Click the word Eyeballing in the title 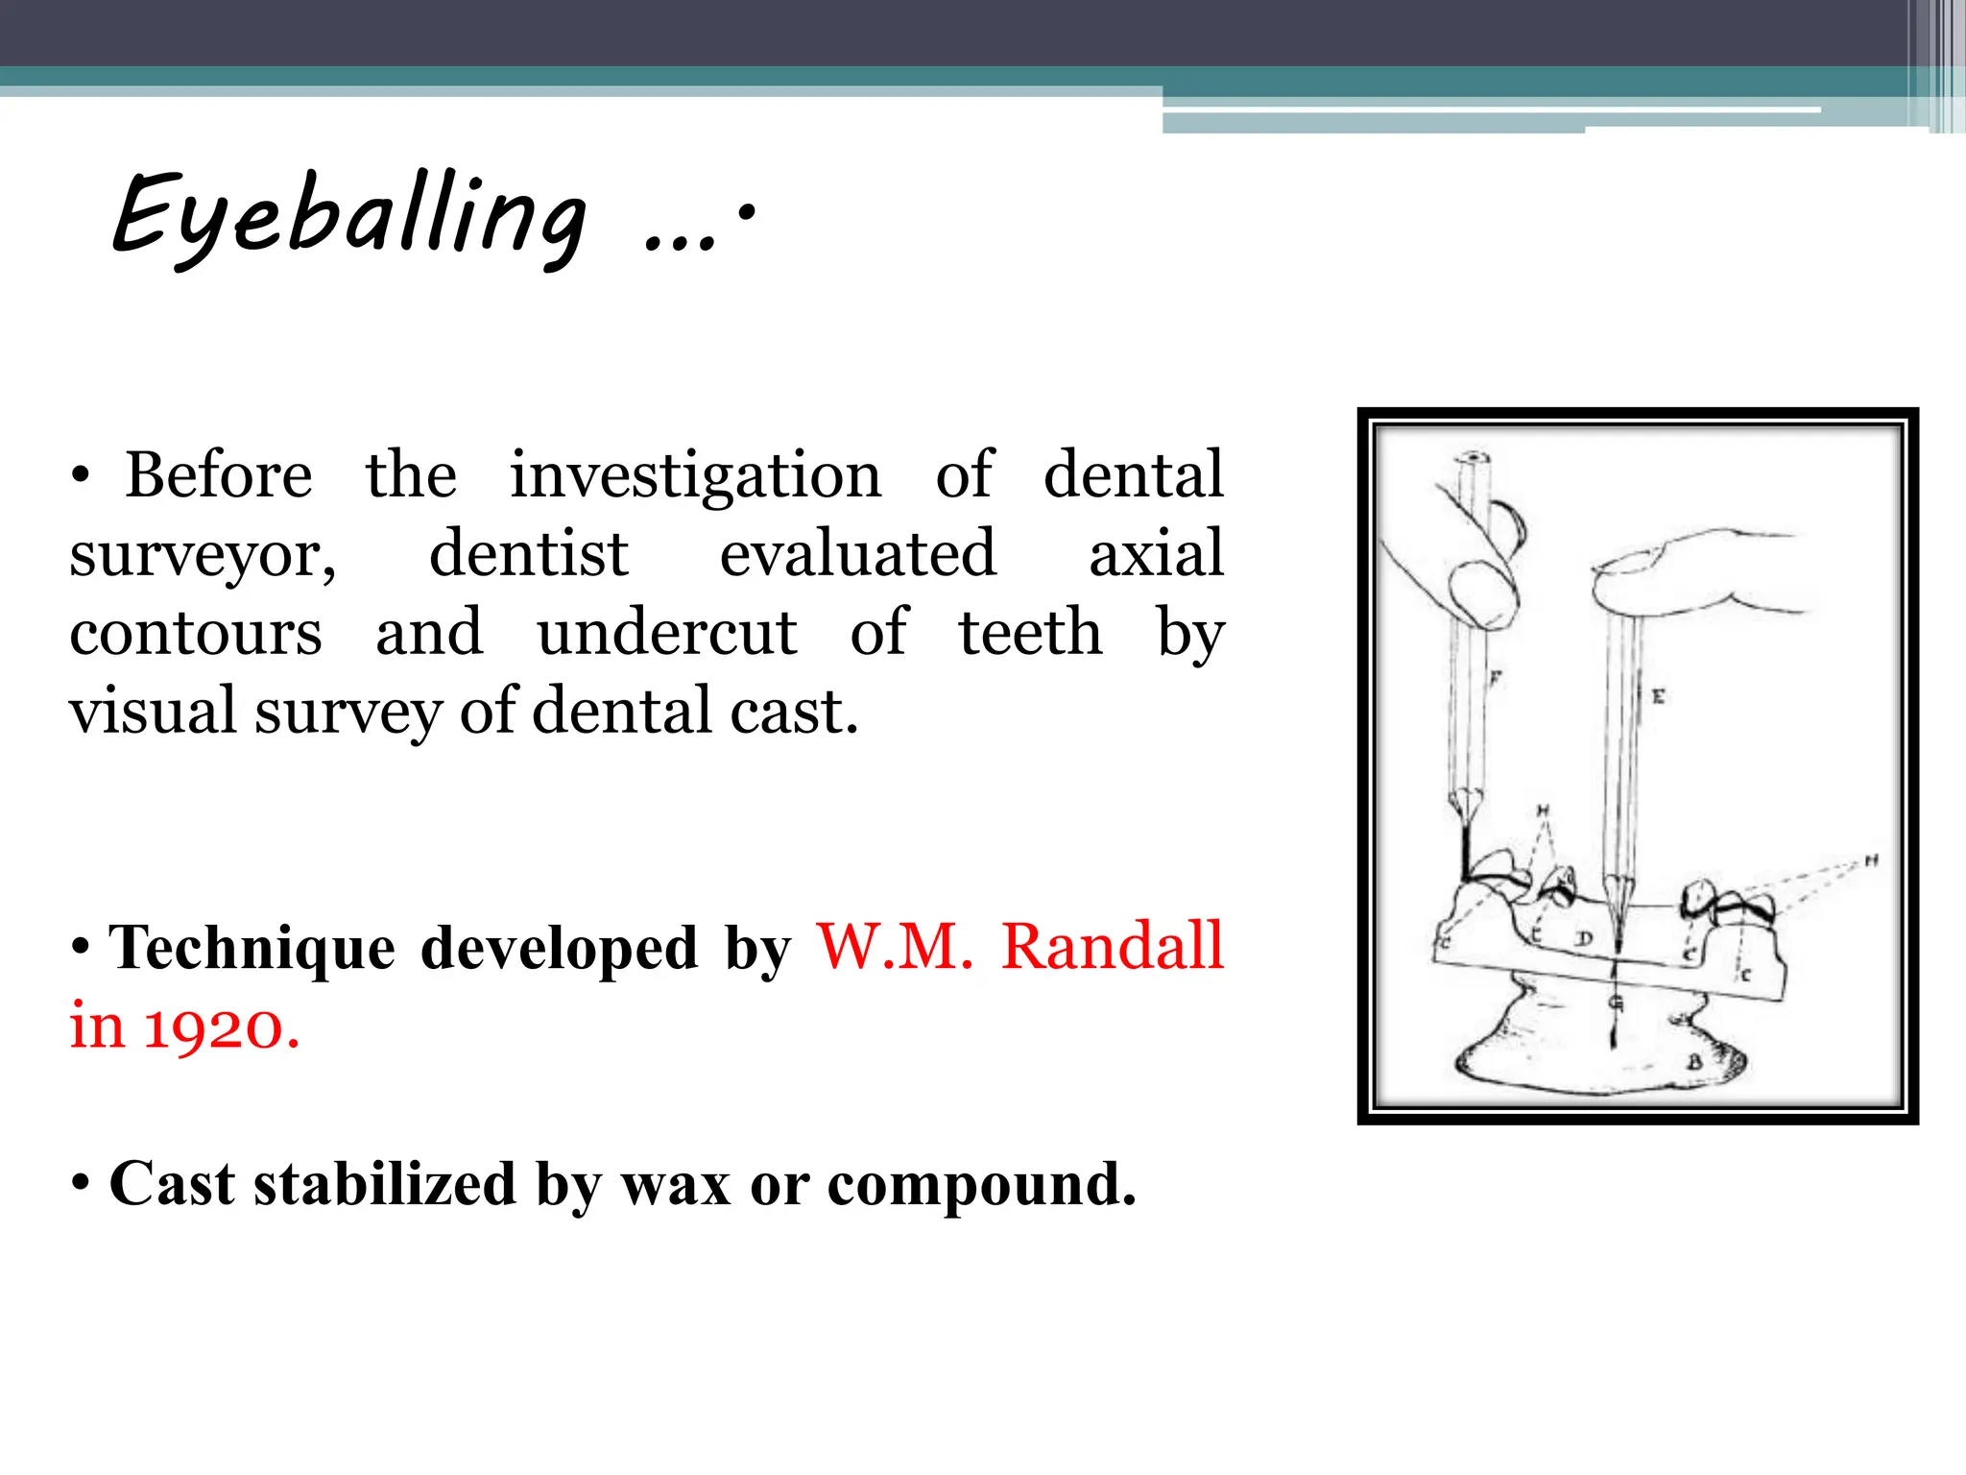(349, 215)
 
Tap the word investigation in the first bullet (695, 476)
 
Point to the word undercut (666, 633)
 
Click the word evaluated (858, 554)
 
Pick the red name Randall (1112, 947)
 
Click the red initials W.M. (895, 947)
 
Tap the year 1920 (221, 1028)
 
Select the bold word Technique (252, 948)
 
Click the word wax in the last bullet (677, 1184)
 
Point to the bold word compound (981, 1186)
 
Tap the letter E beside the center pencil (1658, 696)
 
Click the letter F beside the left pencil (1496, 679)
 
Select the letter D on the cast (1584, 938)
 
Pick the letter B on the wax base (1694, 1062)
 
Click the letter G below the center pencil (1616, 1003)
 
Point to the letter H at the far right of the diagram (1871, 861)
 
